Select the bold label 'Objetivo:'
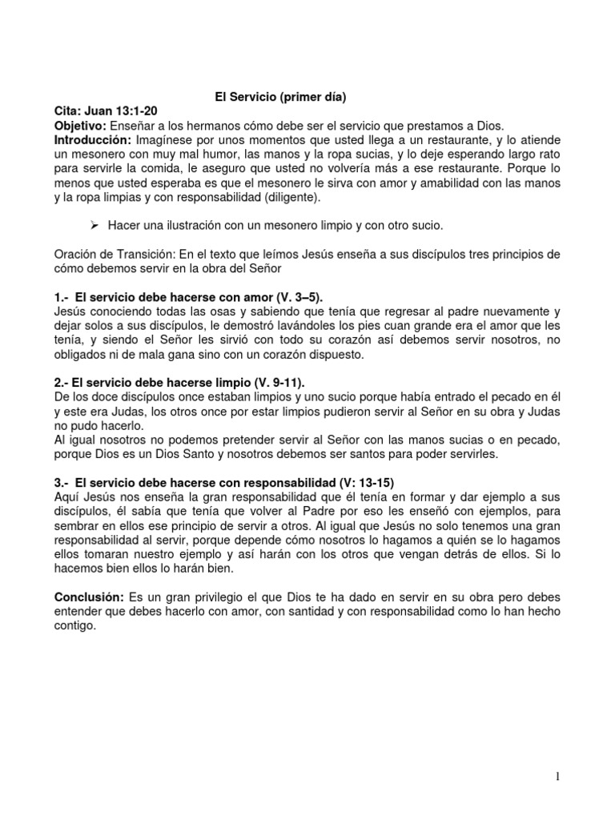pos(79,127)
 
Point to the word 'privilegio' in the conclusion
pos(203,598)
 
